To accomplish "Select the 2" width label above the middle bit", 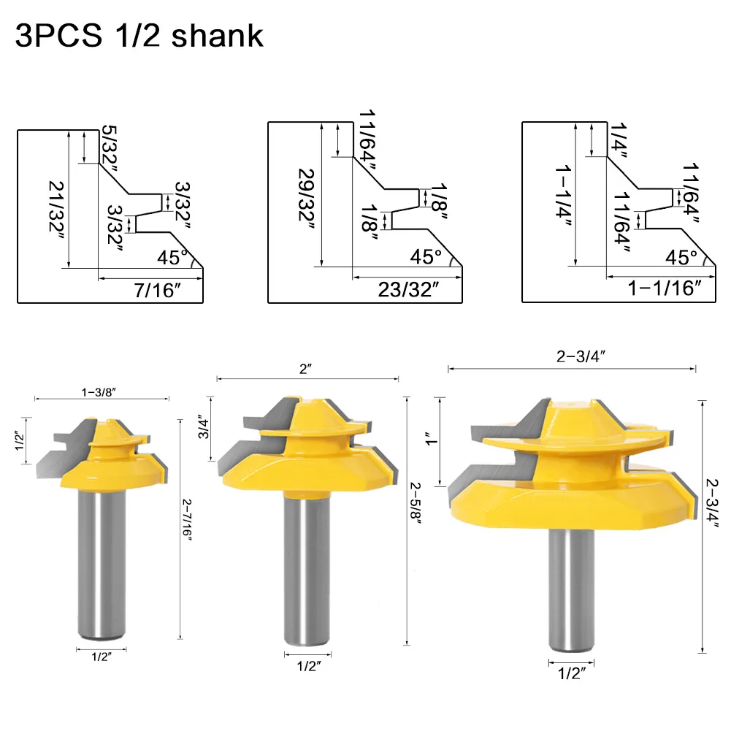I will click(307, 370).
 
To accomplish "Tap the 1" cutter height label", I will click(429, 440).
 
